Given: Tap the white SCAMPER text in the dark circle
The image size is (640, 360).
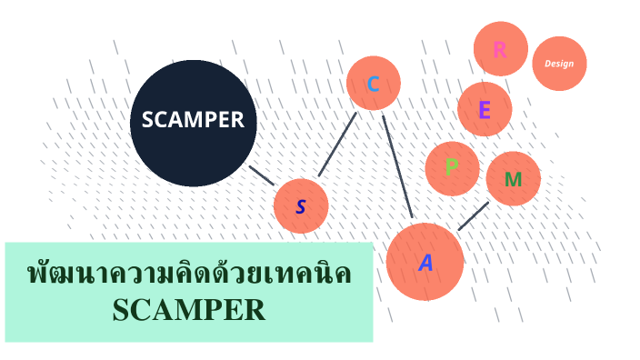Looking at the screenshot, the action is click(193, 119).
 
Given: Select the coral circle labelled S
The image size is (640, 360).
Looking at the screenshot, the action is click(301, 205).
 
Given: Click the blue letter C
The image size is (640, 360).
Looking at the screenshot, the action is click(373, 85).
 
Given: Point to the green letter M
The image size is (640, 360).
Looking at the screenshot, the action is click(513, 179).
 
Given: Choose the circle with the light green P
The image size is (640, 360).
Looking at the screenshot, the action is click(452, 168).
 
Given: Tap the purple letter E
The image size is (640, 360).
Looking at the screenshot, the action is click(485, 110).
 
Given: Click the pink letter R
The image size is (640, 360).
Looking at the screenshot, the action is click(500, 49).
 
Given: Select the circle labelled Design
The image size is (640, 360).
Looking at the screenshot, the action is click(559, 64).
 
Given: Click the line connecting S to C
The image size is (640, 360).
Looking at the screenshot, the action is click(336, 145).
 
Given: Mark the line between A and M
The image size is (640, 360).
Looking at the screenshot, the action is click(474, 215).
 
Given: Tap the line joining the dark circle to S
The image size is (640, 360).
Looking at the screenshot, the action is click(262, 175).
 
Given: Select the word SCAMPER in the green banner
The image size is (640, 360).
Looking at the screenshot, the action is click(189, 310).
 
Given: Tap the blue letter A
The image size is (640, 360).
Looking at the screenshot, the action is click(425, 264).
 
